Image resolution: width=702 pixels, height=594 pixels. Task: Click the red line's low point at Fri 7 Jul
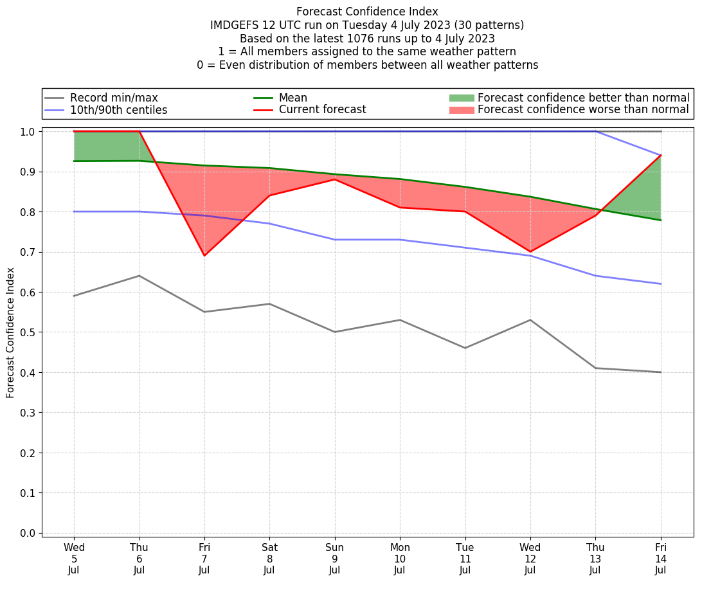tap(204, 256)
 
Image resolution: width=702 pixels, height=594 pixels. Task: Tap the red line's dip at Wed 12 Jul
tap(530, 252)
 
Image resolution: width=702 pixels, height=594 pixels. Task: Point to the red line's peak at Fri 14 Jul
tap(661, 155)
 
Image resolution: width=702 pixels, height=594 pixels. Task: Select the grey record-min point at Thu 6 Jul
tap(139, 276)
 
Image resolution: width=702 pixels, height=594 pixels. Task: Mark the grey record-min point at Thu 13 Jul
tap(596, 368)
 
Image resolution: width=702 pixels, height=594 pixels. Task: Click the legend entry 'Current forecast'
tap(322, 110)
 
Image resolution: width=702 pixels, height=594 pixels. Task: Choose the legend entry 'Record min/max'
tap(114, 98)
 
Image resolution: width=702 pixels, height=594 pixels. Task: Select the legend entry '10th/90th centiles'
tap(118, 110)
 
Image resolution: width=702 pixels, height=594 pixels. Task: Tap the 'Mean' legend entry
tap(292, 98)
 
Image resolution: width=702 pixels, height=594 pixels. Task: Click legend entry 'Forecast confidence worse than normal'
tap(583, 110)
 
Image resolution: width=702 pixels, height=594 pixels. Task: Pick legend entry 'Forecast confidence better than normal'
tap(583, 98)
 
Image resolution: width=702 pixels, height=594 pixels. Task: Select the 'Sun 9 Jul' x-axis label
tap(334, 558)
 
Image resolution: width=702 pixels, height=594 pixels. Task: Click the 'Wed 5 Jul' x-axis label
tap(74, 558)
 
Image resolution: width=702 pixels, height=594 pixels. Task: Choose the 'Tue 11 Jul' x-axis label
tap(465, 558)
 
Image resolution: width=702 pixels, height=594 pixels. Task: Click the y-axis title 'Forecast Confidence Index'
tap(10, 332)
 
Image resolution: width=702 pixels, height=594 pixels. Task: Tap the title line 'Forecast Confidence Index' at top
tap(367, 12)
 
